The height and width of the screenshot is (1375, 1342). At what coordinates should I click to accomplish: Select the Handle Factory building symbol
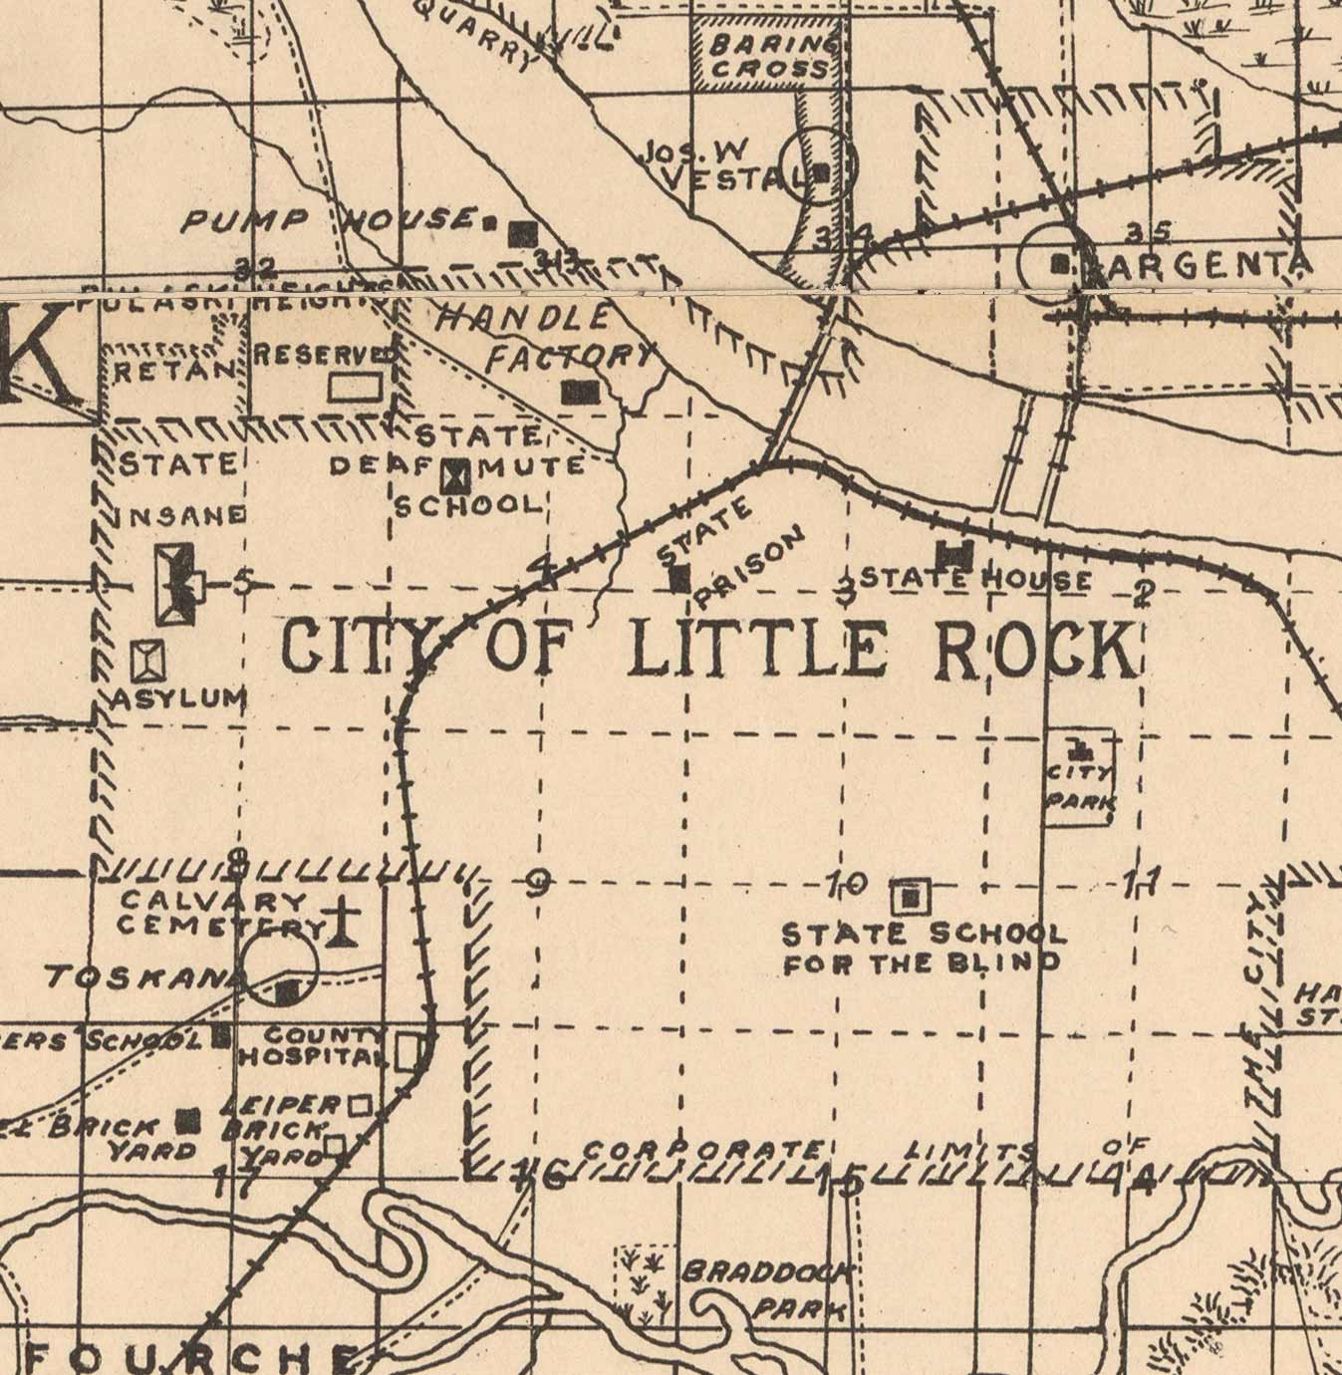pos(579,392)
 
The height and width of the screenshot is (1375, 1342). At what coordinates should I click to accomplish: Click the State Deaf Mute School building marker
pos(458,475)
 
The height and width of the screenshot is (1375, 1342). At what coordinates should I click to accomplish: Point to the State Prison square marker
pos(679,578)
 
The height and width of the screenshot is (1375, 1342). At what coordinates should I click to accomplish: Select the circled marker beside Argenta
pos(1060,264)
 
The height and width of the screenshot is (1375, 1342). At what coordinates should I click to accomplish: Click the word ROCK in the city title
pos(1036,651)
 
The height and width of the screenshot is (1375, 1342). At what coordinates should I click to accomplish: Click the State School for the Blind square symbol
pos(910,898)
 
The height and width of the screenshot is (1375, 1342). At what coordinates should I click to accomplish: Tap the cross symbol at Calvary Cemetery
pos(343,922)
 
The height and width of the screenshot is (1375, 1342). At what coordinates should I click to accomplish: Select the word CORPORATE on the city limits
pos(703,1150)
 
